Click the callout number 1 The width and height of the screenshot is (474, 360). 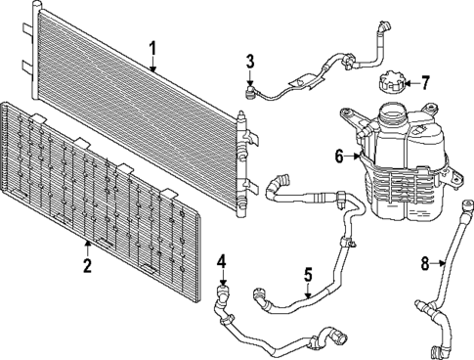(x=153, y=48)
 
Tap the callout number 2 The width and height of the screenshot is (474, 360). (x=88, y=266)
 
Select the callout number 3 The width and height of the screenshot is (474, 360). (x=250, y=63)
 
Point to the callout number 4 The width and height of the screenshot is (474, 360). (x=222, y=261)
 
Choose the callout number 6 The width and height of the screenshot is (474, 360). (x=339, y=156)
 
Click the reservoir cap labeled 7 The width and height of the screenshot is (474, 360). (x=390, y=82)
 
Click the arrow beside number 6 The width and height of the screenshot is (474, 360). (x=353, y=156)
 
